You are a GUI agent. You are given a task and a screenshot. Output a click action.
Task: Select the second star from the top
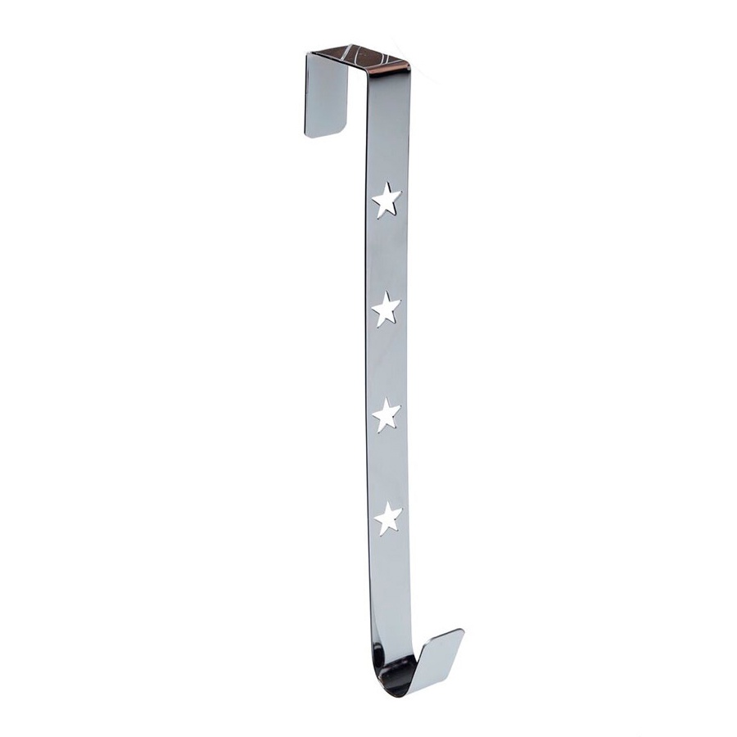pos(386,310)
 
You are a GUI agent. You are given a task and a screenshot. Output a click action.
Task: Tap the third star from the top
pos(387,415)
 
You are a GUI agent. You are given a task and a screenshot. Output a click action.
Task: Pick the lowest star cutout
pos(387,519)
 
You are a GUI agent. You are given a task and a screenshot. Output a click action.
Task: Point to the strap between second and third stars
pos(385,363)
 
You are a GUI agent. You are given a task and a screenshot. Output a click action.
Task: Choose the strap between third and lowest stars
pos(387,468)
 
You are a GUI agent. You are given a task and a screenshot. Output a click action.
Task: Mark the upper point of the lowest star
pos(387,504)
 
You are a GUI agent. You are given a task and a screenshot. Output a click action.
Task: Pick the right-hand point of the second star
pos(400,305)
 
